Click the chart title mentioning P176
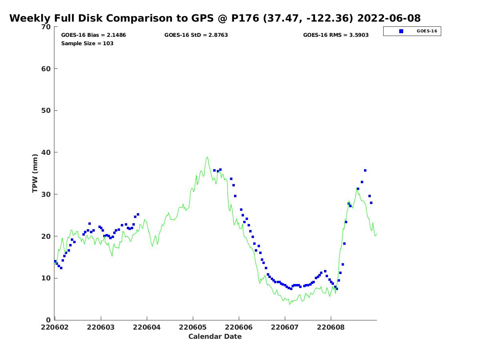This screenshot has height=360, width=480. [x=215, y=18]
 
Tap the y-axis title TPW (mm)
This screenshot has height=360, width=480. [x=35, y=173]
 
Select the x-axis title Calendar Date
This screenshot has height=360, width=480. [x=215, y=336]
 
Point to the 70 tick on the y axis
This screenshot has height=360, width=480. [x=46, y=27]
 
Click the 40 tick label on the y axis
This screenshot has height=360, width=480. [x=46, y=152]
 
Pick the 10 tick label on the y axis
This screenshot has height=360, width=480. [x=46, y=278]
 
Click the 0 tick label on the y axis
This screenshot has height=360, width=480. [x=48, y=320]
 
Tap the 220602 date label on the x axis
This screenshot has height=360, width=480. [x=55, y=327]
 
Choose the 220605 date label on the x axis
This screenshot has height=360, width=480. [x=193, y=327]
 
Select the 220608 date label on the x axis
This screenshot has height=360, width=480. [x=331, y=327]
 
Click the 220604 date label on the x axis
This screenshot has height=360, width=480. [x=147, y=327]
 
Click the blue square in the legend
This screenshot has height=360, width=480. [x=401, y=31]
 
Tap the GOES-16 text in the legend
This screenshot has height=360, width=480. [x=427, y=31]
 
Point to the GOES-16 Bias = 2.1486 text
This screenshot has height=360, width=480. [x=93, y=35]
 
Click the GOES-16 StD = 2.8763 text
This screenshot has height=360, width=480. [x=196, y=35]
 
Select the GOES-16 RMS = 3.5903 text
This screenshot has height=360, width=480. [x=336, y=35]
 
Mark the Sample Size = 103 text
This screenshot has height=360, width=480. [x=87, y=43]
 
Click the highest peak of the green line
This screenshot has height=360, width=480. [x=207, y=157]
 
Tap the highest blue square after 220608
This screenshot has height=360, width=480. [x=365, y=170]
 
